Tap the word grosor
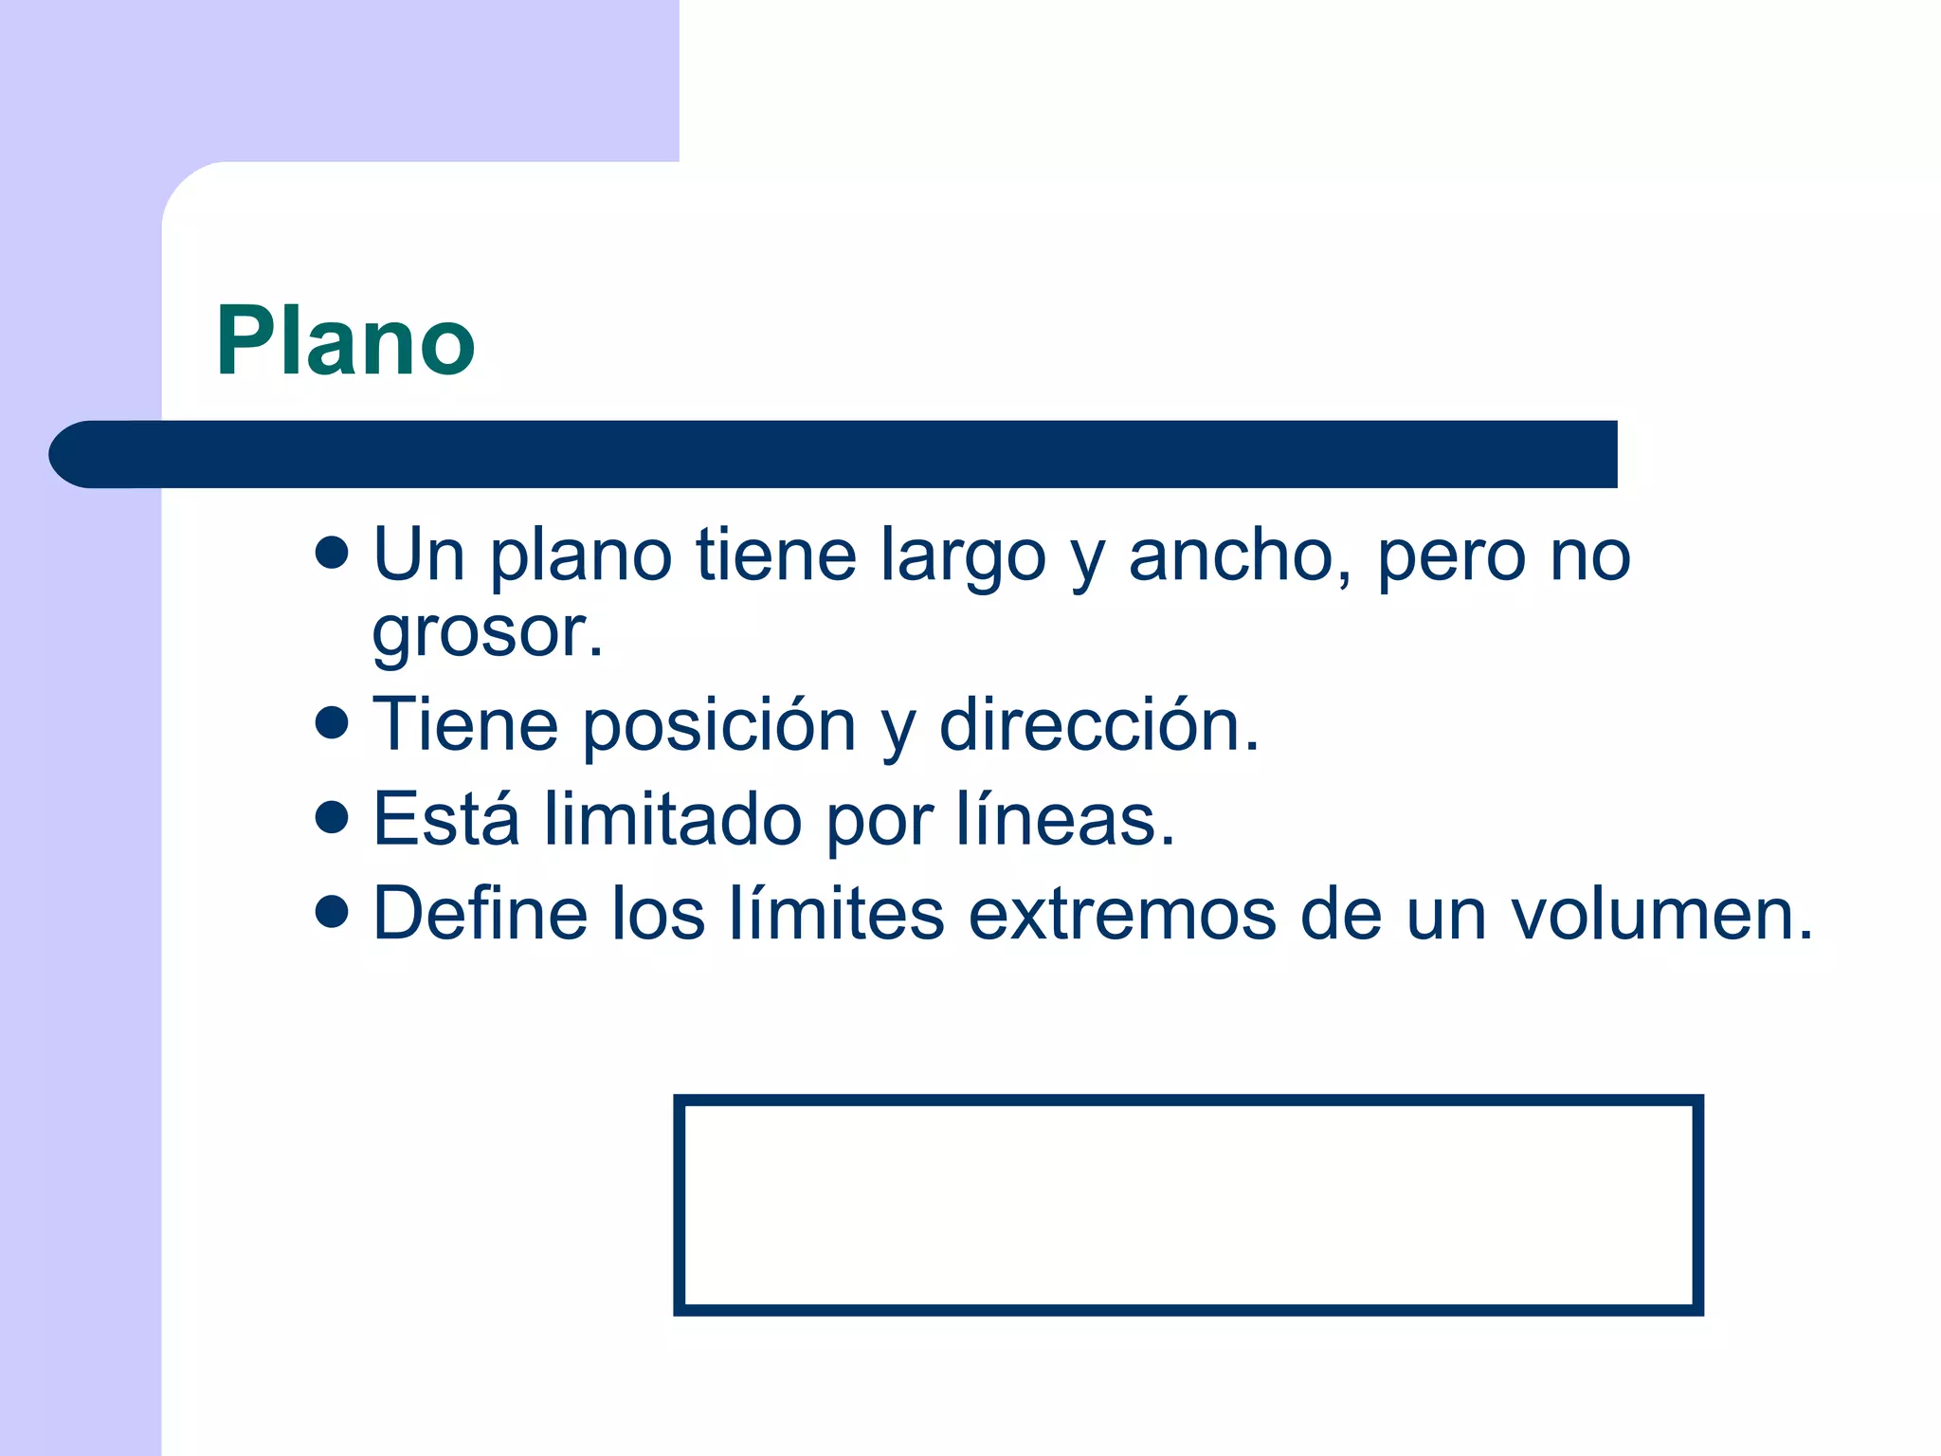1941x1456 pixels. click(486, 633)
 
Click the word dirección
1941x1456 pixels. click(1097, 725)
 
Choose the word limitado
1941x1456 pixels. click(673, 820)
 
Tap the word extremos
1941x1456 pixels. click(1122, 914)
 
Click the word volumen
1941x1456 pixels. click(1660, 914)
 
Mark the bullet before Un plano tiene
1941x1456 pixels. click(332, 553)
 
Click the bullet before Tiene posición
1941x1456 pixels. click(332, 723)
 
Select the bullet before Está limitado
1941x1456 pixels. click(332, 817)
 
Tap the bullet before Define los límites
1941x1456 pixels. click(332, 912)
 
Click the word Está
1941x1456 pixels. click(446, 819)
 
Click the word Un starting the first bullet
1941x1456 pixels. click(418, 555)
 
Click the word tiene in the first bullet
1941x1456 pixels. click(775, 555)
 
